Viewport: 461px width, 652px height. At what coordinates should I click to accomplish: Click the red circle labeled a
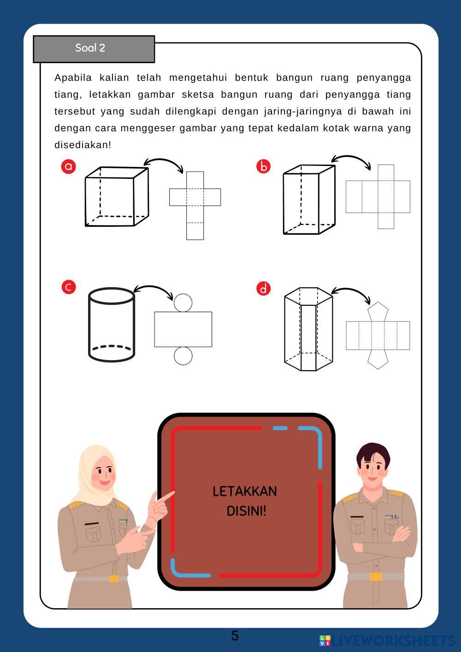point(68,166)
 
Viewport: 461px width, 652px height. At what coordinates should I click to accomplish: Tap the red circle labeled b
point(263,166)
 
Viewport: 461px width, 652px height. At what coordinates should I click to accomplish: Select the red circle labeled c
point(69,287)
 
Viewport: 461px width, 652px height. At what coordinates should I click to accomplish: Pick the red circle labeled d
point(263,289)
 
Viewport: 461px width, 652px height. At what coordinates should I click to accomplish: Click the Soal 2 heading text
point(90,48)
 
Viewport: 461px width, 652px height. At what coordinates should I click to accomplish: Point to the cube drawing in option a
point(117,196)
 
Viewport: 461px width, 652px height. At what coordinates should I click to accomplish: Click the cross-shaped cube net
point(195,206)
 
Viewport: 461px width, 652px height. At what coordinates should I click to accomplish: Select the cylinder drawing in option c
point(112,325)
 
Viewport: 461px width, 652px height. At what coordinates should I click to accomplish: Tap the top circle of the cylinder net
point(183,302)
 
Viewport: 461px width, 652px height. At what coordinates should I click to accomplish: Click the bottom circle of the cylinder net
point(183,356)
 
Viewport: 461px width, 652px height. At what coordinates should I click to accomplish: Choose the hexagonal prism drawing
point(308,329)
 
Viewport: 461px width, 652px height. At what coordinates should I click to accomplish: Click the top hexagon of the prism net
point(378,312)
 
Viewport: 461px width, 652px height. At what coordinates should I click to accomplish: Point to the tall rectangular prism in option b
point(309,200)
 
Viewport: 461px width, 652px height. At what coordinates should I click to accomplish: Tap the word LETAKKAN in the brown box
point(245,492)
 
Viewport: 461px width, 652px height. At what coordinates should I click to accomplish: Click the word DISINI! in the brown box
point(246,511)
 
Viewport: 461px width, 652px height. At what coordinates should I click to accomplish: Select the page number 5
point(235,635)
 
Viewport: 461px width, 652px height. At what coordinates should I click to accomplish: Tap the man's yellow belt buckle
point(376,577)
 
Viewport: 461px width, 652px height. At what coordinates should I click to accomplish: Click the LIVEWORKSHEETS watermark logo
point(387,640)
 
